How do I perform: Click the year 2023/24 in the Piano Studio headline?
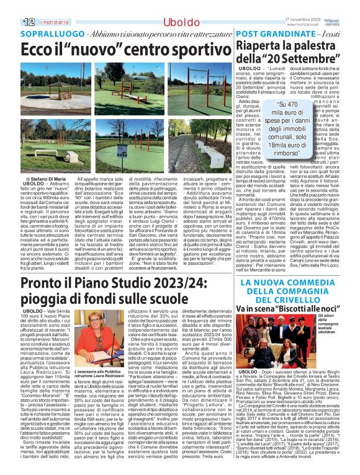(x=196, y=285)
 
